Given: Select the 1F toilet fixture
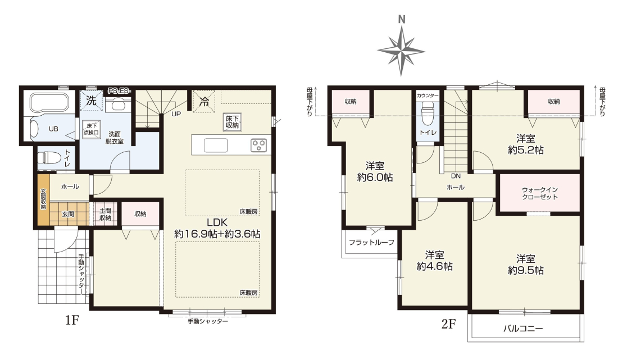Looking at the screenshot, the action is pyautogui.click(x=47, y=158).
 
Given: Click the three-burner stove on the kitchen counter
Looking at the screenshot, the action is pyautogui.click(x=258, y=145).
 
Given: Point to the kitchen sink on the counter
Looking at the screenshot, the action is pyautogui.click(x=215, y=145).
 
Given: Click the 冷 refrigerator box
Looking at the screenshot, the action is pyautogui.click(x=204, y=102).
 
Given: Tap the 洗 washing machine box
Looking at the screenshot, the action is pyautogui.click(x=92, y=101).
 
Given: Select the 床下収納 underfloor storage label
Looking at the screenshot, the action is pyautogui.click(x=232, y=122).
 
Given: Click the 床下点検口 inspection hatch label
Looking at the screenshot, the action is pyautogui.click(x=91, y=129).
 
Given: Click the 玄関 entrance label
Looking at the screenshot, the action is pyautogui.click(x=68, y=215).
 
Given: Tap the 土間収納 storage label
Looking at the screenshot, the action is pyautogui.click(x=105, y=215).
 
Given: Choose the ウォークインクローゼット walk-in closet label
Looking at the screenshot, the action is pyautogui.click(x=539, y=193).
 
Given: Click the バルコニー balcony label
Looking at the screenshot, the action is pyautogui.click(x=523, y=328).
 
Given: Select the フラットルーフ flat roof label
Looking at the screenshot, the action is pyautogui.click(x=371, y=242).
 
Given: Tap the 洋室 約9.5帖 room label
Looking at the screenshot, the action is pyautogui.click(x=526, y=265).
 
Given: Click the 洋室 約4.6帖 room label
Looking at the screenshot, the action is pyautogui.click(x=434, y=261).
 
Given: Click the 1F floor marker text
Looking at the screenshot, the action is pyautogui.click(x=72, y=321).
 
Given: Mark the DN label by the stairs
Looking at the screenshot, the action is pyautogui.click(x=456, y=176).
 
